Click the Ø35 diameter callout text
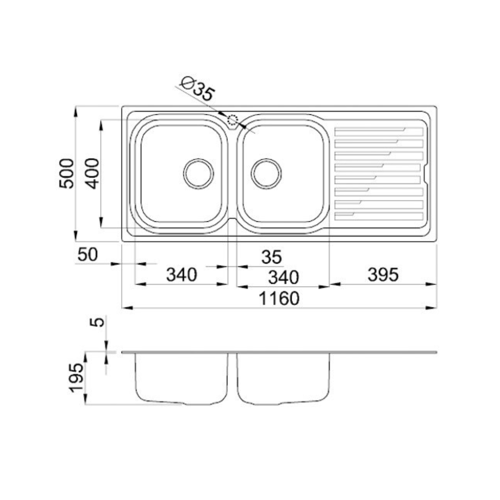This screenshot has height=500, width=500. (197, 88)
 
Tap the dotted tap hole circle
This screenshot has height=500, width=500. (233, 120)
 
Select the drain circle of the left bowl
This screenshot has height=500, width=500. (199, 174)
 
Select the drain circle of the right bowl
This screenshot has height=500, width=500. (266, 174)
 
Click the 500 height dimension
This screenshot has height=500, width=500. (67, 174)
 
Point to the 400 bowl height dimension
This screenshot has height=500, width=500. (93, 174)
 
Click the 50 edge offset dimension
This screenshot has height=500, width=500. (87, 255)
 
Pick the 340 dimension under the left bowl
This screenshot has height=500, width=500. (182, 275)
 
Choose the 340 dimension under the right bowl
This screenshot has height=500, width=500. (283, 277)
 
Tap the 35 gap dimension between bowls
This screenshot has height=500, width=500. (272, 257)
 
